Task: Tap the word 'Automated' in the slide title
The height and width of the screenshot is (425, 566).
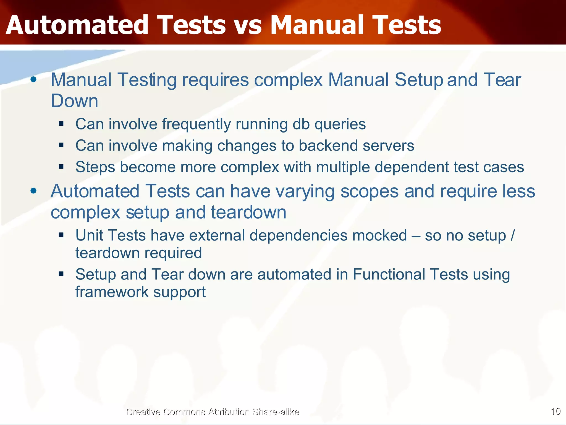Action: pyautogui.click(x=77, y=25)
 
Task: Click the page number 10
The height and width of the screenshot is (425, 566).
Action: pyautogui.click(x=555, y=411)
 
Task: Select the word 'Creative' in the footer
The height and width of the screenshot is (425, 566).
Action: pyautogui.click(x=143, y=412)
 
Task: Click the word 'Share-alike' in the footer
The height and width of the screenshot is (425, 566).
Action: pyautogui.click(x=276, y=412)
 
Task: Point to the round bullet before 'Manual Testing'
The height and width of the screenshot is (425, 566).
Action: pyautogui.click(x=34, y=80)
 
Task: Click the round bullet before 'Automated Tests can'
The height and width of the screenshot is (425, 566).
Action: pyautogui.click(x=34, y=191)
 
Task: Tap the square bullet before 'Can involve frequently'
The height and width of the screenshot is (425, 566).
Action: pyautogui.click(x=61, y=124)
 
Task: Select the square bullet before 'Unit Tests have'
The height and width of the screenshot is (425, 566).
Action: pyautogui.click(x=61, y=235)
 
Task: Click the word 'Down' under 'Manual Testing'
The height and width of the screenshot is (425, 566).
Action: pyautogui.click(x=74, y=101)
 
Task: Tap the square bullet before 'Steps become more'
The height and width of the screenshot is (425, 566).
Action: pyautogui.click(x=61, y=167)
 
